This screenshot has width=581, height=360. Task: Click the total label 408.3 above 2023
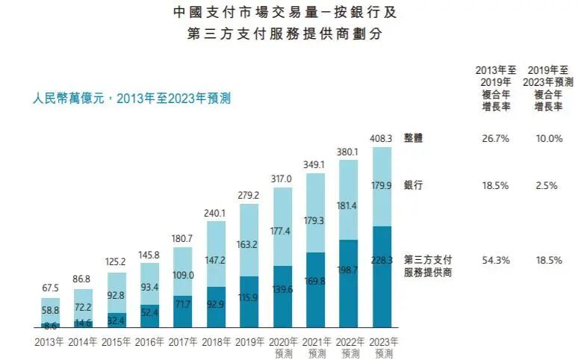[x=382, y=138]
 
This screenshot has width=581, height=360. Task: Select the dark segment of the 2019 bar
[x=249, y=302]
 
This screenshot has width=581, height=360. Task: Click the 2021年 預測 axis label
[x=316, y=347]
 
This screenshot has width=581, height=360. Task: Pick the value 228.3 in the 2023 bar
[x=382, y=261]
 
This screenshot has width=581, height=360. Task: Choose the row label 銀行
[x=414, y=185]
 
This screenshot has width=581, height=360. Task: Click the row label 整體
[x=414, y=138]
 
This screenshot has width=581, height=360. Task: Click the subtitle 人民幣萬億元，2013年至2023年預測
[x=131, y=98]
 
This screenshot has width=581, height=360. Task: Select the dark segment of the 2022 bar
[x=349, y=284]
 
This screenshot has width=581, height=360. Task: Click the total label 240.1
[x=216, y=212]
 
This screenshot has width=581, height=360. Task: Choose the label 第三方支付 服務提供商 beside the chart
[x=428, y=266]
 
